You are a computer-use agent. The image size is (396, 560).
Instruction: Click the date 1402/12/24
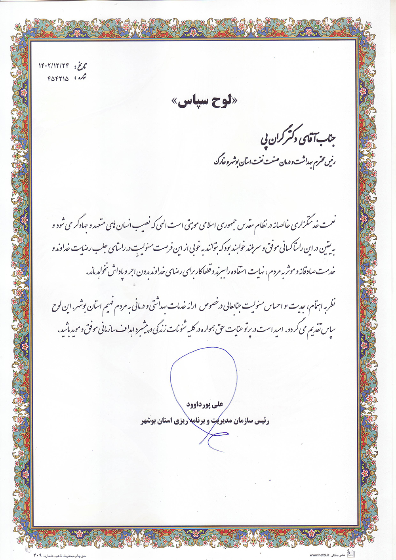click(x=53, y=65)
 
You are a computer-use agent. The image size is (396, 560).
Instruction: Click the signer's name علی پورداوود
click(x=205, y=404)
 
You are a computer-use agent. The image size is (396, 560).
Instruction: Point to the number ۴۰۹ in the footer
click(x=38, y=555)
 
